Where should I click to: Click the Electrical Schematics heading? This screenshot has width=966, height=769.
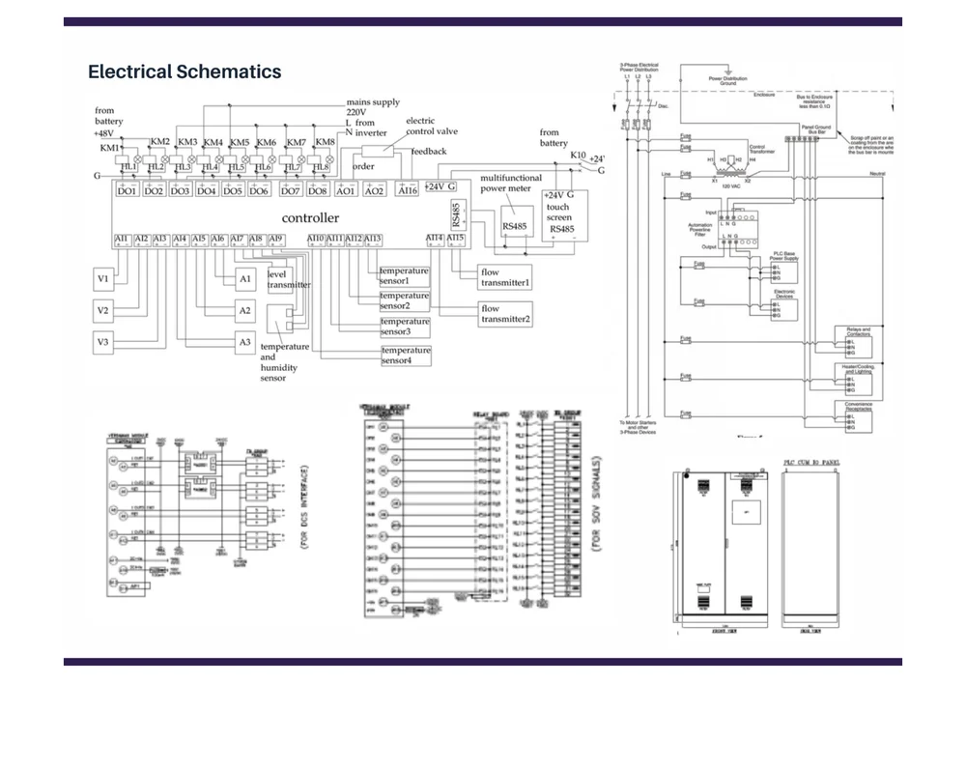click(x=185, y=71)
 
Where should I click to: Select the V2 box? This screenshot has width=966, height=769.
click(x=103, y=310)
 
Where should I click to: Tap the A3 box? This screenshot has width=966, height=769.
click(x=245, y=342)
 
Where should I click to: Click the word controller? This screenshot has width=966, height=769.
click(x=310, y=217)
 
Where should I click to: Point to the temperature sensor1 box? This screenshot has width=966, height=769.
click(x=404, y=276)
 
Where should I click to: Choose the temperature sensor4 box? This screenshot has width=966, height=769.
click(x=406, y=356)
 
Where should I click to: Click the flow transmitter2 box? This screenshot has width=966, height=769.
click(x=505, y=313)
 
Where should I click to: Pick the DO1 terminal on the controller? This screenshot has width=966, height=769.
click(x=127, y=190)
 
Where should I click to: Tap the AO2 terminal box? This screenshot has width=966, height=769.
click(x=374, y=190)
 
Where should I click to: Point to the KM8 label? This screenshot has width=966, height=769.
click(x=326, y=142)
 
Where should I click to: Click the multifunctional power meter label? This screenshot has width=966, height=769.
click(x=511, y=184)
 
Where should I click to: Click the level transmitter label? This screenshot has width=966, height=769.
click(x=288, y=279)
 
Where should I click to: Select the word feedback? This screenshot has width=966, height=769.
click(x=429, y=151)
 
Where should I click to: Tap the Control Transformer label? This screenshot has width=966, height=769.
click(x=756, y=149)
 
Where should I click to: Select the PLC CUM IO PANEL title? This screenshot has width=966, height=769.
click(x=811, y=463)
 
